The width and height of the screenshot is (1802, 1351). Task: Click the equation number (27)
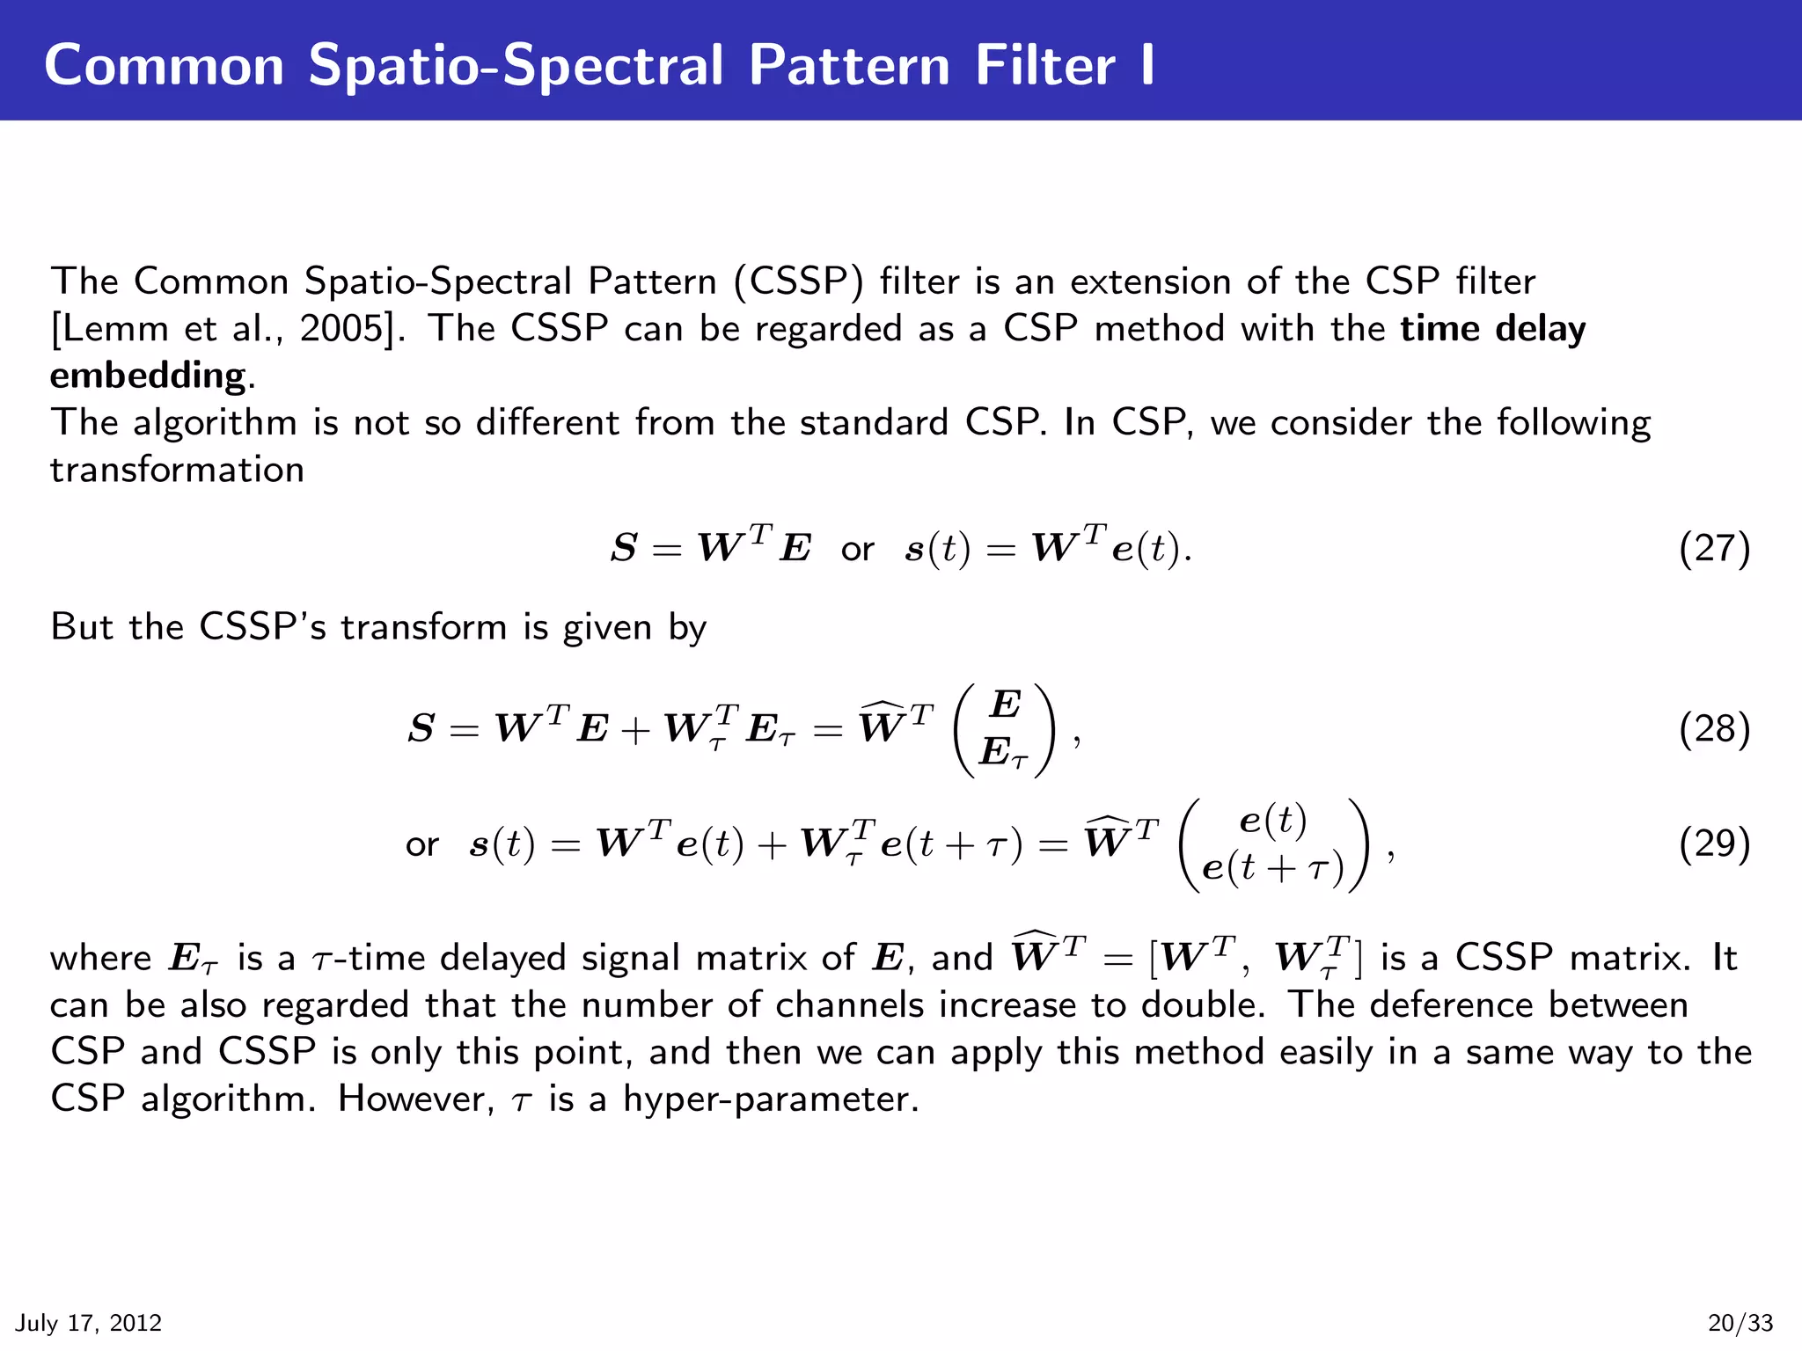pyautogui.click(x=1714, y=548)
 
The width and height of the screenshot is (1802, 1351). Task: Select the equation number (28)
pyautogui.click(x=1714, y=729)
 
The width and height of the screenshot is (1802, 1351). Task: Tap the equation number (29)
pyautogui.click(x=1714, y=843)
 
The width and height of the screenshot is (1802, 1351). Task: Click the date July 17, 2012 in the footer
pyautogui.click(x=89, y=1323)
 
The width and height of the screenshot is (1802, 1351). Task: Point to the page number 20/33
pyautogui.click(x=1740, y=1323)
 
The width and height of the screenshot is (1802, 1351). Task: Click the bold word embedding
pyautogui.click(x=148, y=376)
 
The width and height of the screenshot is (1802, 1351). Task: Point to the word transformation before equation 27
pyautogui.click(x=177, y=470)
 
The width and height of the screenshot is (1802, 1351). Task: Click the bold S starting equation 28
pyautogui.click(x=421, y=729)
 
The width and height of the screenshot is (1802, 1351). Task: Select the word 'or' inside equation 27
pyautogui.click(x=857, y=550)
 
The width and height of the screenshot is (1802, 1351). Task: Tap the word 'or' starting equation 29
pyautogui.click(x=421, y=845)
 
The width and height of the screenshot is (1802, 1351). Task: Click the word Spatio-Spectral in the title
pyautogui.click(x=516, y=66)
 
